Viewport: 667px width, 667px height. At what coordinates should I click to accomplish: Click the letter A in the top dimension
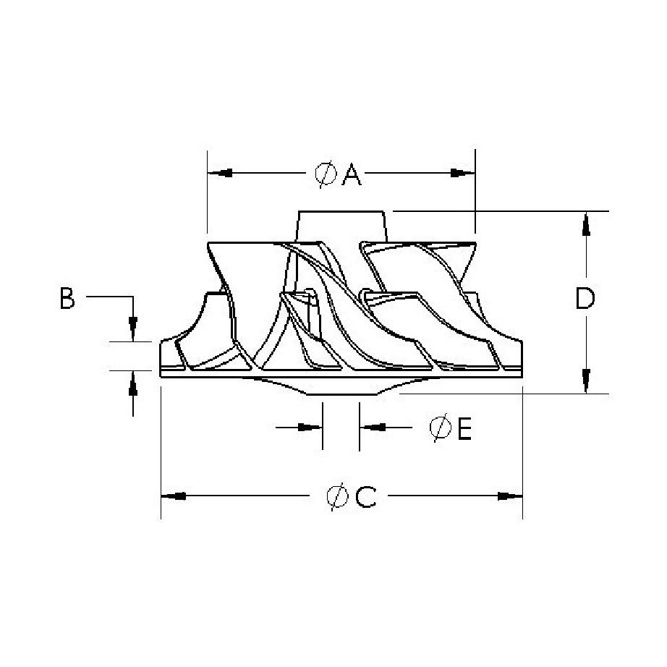352,175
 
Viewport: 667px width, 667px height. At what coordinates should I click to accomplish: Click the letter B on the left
67,298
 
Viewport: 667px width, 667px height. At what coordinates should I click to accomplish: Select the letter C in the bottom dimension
366,496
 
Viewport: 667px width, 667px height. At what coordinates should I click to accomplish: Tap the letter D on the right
585,298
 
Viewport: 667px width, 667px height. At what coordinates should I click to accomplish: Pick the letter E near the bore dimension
465,428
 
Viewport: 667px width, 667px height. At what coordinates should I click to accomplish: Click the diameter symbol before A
326,174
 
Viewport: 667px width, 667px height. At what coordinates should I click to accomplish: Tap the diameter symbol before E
441,428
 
